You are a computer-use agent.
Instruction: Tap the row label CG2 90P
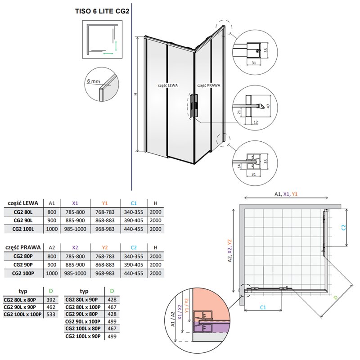pos(25,265)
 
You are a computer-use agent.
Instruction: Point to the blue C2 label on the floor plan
pos(342,228)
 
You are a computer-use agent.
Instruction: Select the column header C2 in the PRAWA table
pos(134,247)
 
